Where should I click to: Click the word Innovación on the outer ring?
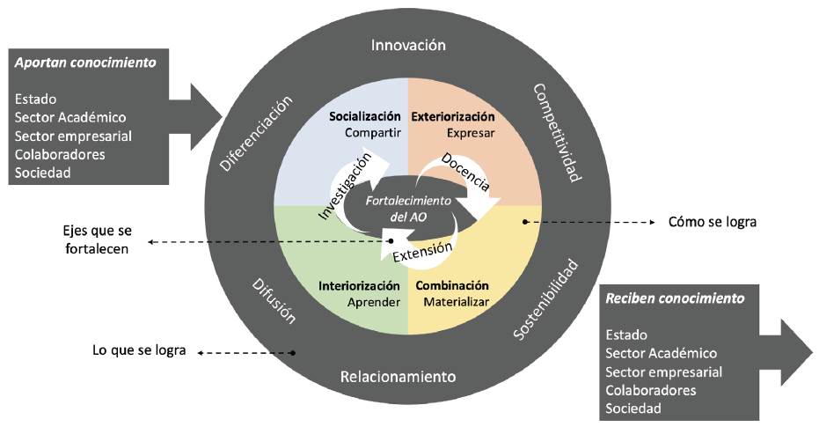click(408, 45)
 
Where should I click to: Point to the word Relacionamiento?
click(398, 377)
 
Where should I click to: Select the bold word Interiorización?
click(359, 286)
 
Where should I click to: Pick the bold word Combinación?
click(451, 286)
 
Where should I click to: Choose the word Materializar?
click(456, 303)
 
